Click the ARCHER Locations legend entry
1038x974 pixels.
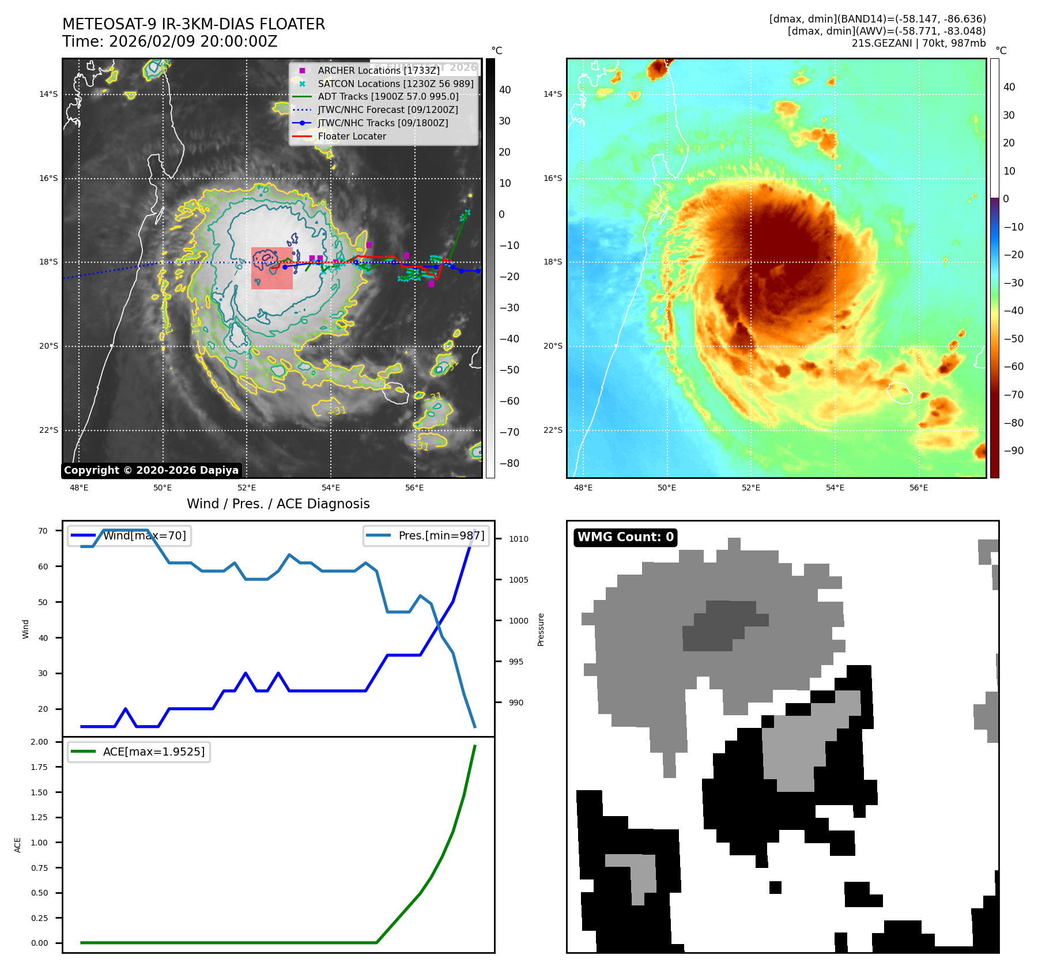[x=378, y=70]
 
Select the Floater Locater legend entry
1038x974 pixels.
[x=352, y=136]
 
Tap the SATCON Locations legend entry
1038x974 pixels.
[x=395, y=84]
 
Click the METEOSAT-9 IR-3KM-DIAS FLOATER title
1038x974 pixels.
[x=194, y=24]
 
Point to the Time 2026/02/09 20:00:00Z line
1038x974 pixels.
[x=170, y=41]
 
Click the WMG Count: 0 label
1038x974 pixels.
[x=625, y=537]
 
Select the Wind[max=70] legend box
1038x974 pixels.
[x=129, y=535]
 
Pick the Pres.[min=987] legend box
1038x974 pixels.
[x=426, y=535]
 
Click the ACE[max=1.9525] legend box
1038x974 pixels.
[x=138, y=752]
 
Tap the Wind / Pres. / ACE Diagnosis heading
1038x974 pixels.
[x=278, y=504]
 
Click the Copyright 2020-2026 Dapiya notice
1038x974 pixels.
[x=151, y=470]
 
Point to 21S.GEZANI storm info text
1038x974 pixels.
[x=918, y=43]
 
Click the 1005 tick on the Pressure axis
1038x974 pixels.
[x=518, y=580]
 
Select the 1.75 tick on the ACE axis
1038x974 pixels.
[x=39, y=767]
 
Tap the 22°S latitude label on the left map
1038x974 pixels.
[x=48, y=430]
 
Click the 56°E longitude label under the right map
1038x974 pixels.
[x=919, y=488]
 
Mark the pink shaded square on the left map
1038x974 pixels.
[x=272, y=268]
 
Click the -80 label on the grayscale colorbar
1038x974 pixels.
[x=509, y=463]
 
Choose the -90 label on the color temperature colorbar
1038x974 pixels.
[x=1013, y=451]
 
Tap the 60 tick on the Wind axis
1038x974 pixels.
[x=43, y=567]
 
